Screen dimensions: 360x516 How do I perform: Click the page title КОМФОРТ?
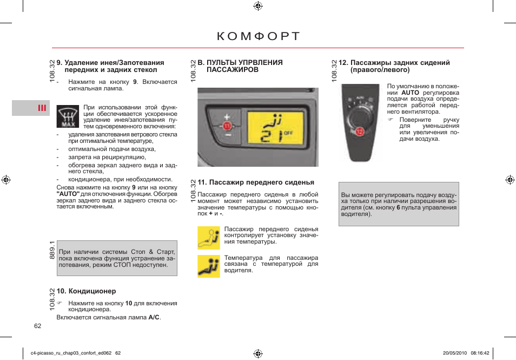(x=258, y=37)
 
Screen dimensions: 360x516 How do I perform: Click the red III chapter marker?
(x=42, y=108)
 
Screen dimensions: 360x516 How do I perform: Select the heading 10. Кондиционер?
(x=87, y=291)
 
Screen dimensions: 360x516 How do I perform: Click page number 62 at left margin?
(x=38, y=326)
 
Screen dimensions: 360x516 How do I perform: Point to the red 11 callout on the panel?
(x=227, y=126)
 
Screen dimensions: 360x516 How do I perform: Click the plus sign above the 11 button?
(x=227, y=116)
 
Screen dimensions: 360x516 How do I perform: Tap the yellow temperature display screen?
(x=279, y=129)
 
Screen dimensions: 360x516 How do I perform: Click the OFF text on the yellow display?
(x=288, y=133)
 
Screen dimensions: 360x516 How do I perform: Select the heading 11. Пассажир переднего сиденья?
(x=256, y=182)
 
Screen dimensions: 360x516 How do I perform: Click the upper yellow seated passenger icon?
(x=209, y=237)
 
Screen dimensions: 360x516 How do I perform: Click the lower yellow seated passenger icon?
(x=209, y=266)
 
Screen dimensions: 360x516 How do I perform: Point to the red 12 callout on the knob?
(x=360, y=130)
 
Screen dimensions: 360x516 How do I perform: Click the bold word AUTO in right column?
(x=410, y=93)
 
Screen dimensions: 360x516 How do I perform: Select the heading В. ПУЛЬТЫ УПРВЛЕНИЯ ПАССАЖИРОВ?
(x=240, y=66)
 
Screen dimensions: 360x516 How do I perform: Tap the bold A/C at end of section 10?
(x=154, y=317)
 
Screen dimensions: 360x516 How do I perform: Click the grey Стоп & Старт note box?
(x=117, y=258)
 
